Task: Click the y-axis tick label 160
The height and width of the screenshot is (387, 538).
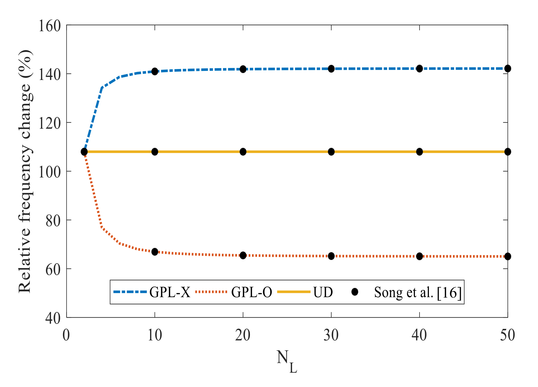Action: click(x=50, y=26)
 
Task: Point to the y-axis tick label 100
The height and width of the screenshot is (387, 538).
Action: click(x=50, y=172)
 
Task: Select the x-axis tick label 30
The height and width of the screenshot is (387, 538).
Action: click(x=331, y=335)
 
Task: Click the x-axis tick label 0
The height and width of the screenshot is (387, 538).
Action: click(x=66, y=335)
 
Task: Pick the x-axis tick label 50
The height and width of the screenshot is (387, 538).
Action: click(x=507, y=335)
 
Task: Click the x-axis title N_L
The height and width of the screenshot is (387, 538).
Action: click(x=287, y=361)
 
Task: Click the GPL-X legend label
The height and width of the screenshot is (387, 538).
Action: click(x=170, y=292)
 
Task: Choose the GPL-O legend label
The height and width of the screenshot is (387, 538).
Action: click(x=251, y=292)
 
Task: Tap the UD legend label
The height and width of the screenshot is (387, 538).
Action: click(x=323, y=292)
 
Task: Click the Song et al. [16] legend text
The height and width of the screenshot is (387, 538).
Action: click(x=418, y=292)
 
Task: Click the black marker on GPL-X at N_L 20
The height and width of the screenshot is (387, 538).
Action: click(x=243, y=69)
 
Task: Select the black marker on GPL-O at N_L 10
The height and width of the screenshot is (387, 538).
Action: click(x=155, y=252)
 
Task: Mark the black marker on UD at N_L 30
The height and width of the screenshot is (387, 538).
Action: click(x=331, y=152)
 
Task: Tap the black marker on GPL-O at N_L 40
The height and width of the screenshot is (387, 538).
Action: click(x=419, y=256)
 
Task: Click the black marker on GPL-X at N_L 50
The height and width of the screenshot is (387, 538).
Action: click(x=507, y=68)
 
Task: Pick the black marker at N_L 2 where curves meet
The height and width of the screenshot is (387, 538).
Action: click(x=84, y=152)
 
